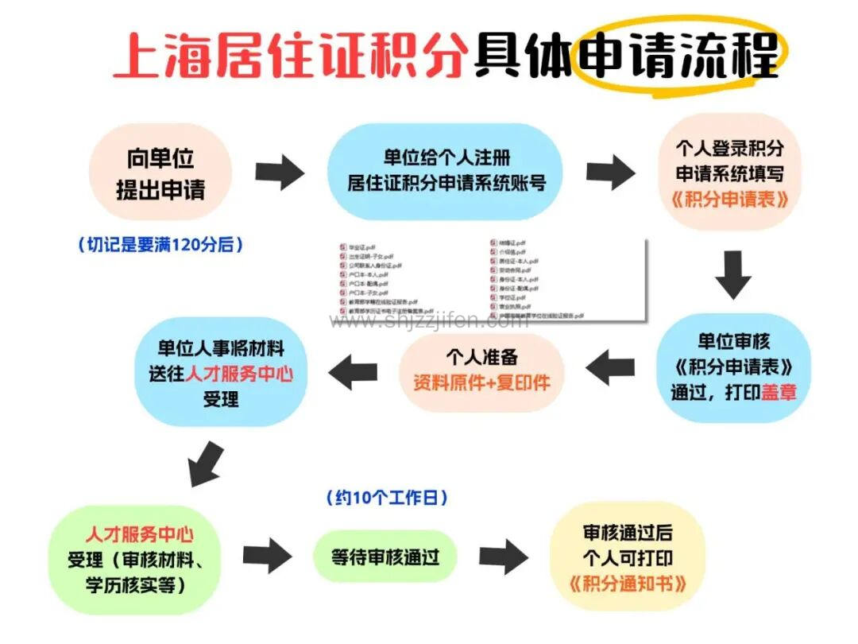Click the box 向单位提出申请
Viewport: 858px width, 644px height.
tap(160, 174)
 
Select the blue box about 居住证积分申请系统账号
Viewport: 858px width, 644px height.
tap(446, 171)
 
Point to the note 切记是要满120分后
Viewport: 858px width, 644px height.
tap(160, 245)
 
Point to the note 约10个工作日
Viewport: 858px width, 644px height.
tap(387, 499)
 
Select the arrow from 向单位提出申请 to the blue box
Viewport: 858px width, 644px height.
tap(280, 172)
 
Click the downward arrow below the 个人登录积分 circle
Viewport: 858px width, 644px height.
tap(732, 275)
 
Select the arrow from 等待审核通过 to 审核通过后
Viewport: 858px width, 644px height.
tap(503, 557)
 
